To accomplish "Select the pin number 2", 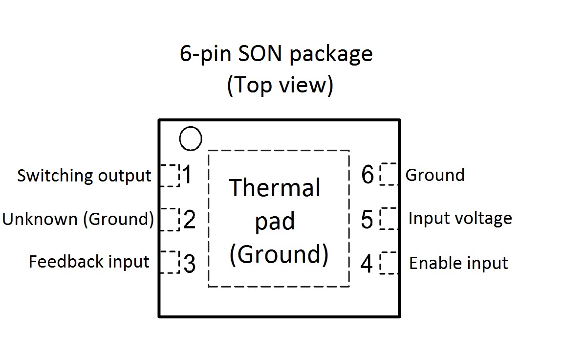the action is (x=190, y=219).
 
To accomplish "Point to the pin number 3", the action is (x=190, y=264).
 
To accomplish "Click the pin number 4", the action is (x=367, y=264).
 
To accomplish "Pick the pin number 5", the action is (x=367, y=219).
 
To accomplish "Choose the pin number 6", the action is (x=368, y=175).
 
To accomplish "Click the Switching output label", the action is (x=84, y=176).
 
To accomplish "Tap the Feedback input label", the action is (x=88, y=262).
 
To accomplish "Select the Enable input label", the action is (x=458, y=263).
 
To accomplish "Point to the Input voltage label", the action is (x=460, y=219).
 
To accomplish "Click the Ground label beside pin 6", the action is (x=435, y=175).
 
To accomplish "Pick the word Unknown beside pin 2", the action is (x=40, y=219).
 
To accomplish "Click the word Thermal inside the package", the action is (x=274, y=187).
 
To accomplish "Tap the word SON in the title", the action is (x=260, y=53).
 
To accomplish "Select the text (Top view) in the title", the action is (x=280, y=85).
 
